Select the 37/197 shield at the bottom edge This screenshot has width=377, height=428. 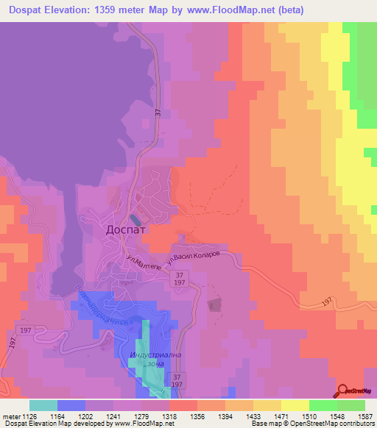coord(177,380)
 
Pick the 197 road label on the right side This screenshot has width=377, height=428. coord(328,302)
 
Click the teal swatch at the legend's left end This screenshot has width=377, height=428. coord(43,404)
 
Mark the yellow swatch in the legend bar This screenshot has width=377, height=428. coord(295,404)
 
